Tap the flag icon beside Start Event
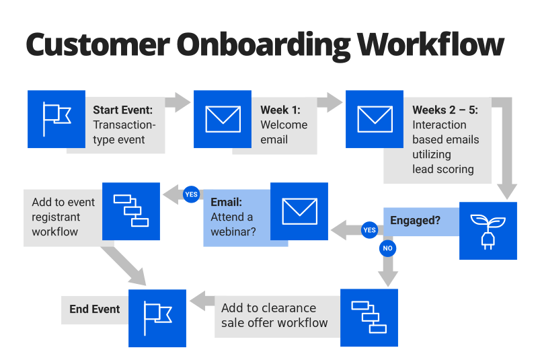coord(56,119)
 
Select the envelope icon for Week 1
coord(223,119)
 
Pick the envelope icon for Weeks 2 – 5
coord(375,119)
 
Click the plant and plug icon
coord(488,230)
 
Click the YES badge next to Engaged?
coord(369,230)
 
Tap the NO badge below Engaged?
coord(387,248)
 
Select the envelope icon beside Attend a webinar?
coord(299,211)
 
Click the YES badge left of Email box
coord(191,194)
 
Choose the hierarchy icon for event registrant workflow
coord(131,211)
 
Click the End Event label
coord(95,310)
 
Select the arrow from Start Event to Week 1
coord(178,102)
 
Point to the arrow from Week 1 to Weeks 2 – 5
coord(330,102)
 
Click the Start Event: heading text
coord(123,110)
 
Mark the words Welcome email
coord(284,132)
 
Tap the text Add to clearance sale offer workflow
coord(275,315)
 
